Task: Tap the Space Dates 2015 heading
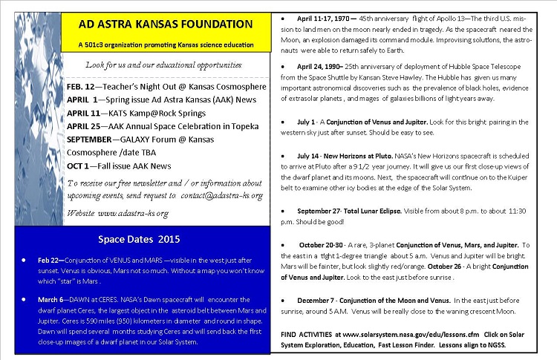click(x=138, y=239)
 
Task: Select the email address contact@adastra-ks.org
click(x=221, y=195)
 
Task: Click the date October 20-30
click(x=324, y=245)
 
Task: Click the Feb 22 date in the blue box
click(x=49, y=260)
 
